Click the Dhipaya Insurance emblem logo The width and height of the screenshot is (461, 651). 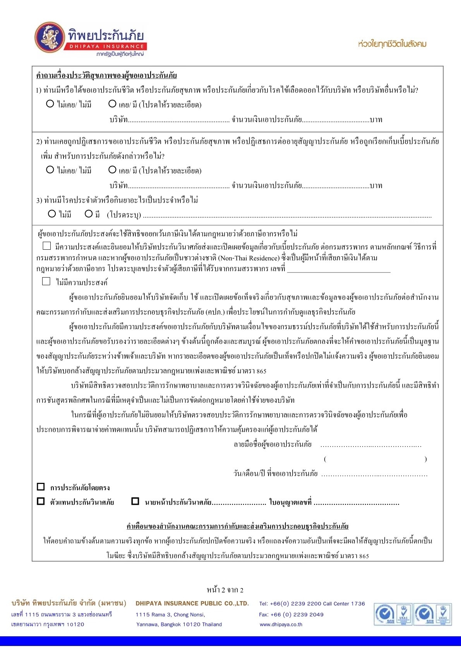49,37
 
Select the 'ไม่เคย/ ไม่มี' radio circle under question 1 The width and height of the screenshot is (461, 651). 50,104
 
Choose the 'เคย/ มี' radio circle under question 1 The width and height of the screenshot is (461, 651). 112,104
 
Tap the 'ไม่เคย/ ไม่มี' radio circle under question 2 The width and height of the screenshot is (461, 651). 50,170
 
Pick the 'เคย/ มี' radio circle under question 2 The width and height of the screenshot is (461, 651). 112,170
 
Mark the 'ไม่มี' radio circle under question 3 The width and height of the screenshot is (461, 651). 52,214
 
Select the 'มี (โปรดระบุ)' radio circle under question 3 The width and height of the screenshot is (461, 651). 89,214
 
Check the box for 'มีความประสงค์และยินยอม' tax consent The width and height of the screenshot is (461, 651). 46,245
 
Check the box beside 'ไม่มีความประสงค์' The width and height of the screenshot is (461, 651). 46,281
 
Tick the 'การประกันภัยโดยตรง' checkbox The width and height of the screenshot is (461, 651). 41,487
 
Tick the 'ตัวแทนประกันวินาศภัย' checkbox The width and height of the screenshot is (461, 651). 41,501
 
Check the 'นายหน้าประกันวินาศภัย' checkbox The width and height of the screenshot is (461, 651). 135,501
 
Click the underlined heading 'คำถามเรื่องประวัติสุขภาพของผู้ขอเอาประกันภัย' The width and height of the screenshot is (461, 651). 106,75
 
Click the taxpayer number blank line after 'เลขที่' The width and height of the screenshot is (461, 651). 339,269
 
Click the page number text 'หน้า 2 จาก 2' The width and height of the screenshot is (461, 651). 225,590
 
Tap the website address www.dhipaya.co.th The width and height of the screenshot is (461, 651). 281,624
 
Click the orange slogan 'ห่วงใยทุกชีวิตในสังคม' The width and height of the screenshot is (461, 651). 392,44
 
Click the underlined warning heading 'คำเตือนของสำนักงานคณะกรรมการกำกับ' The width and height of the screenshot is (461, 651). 237,526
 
